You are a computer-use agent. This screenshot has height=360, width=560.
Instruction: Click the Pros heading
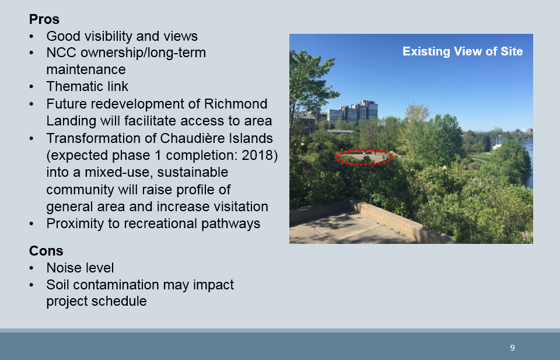tap(44, 19)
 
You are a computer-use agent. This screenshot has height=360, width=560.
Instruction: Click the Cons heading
tap(46, 251)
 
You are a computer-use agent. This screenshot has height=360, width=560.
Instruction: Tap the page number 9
tap(513, 348)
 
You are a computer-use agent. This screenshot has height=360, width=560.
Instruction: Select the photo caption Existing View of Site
tap(463, 51)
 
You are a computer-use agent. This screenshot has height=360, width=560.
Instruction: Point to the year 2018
tap(257, 155)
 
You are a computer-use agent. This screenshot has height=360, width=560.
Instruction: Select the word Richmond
tap(235, 104)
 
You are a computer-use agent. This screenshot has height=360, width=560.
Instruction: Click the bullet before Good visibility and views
tap(32, 36)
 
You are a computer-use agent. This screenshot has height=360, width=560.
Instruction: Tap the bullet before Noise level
tap(32, 268)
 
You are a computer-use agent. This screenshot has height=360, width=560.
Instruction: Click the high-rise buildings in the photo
tap(352, 111)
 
